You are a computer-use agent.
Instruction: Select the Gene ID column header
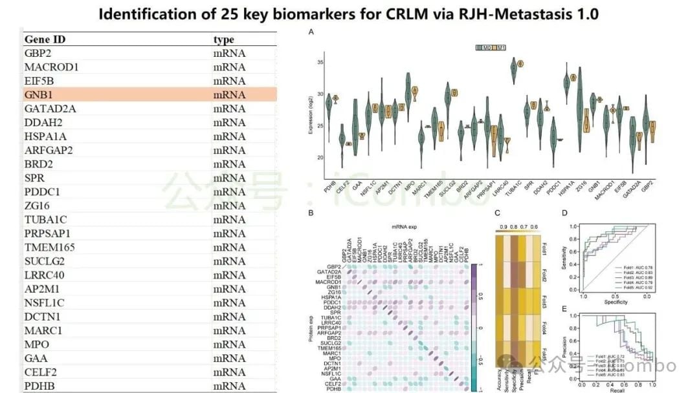pyautogui.click(x=45, y=39)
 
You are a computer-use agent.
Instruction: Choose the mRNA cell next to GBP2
pyautogui.click(x=229, y=53)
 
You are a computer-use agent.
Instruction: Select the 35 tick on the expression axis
pyautogui.click(x=319, y=63)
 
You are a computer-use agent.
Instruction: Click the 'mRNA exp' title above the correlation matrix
pyautogui.click(x=406, y=227)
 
